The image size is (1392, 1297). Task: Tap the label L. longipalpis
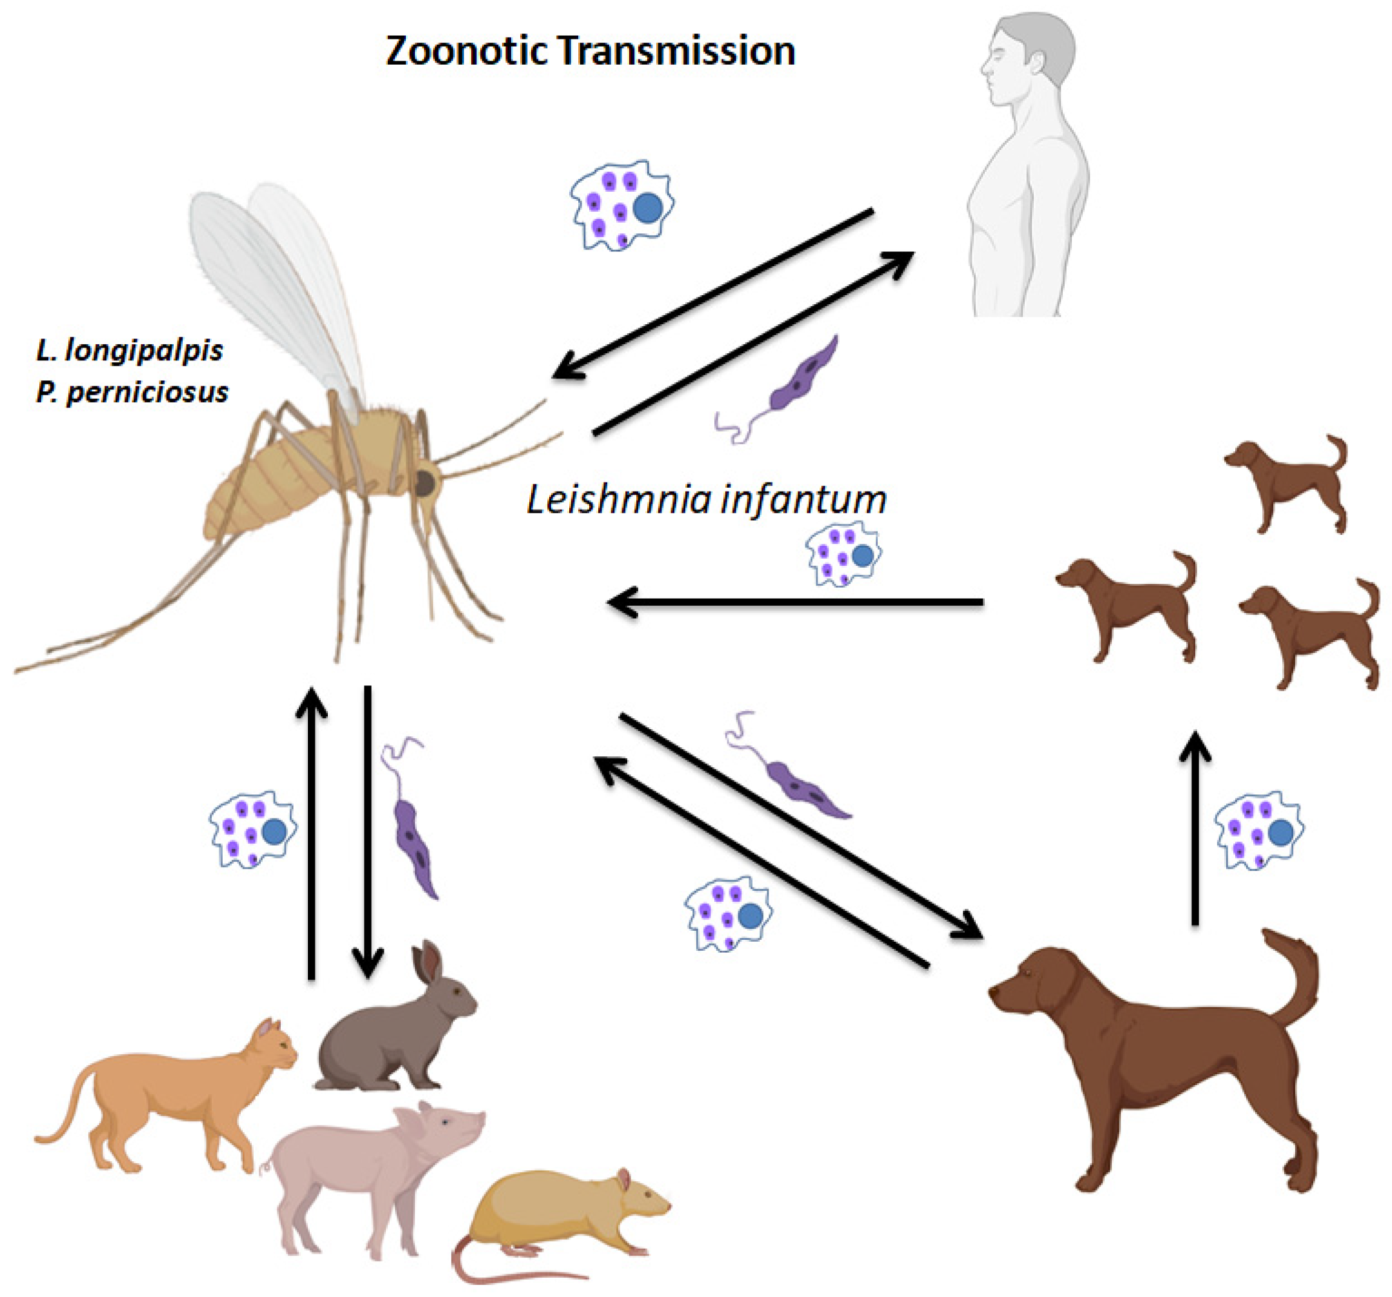(130, 349)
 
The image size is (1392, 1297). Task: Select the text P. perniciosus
(132, 391)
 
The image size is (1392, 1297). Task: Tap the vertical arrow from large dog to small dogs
(1195, 827)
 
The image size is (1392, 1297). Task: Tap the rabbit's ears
(427, 964)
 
